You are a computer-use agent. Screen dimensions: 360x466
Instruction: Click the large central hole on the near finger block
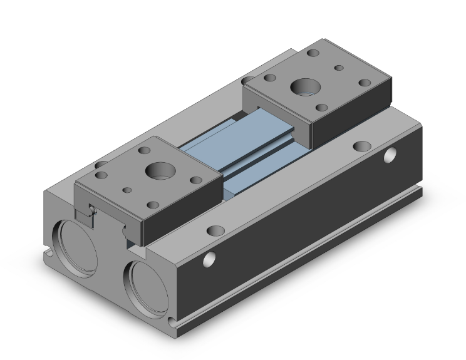click(155, 170)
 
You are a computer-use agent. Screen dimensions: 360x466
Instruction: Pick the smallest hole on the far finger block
click(338, 67)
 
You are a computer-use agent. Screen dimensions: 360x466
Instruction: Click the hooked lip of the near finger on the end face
click(88, 213)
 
